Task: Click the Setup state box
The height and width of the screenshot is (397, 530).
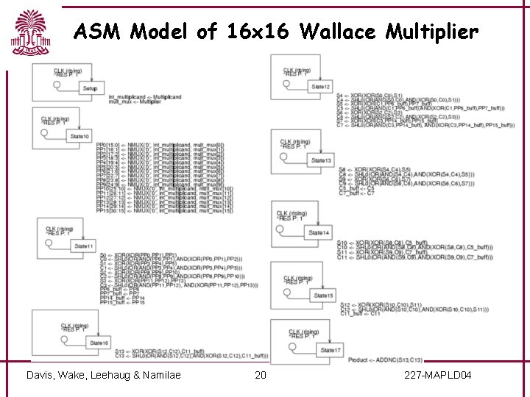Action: [x=90, y=88]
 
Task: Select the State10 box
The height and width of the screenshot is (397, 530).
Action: [x=79, y=137]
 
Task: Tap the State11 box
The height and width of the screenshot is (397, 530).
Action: [x=84, y=246]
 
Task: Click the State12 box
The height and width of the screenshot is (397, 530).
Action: [x=320, y=87]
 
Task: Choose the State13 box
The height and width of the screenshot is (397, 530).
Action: [x=321, y=160]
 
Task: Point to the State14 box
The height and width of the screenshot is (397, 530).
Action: [x=319, y=233]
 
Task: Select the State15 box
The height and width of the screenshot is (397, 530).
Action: [x=324, y=296]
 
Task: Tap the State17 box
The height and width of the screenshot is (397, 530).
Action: [x=331, y=350]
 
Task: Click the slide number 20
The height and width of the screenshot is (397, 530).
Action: [x=260, y=376]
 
